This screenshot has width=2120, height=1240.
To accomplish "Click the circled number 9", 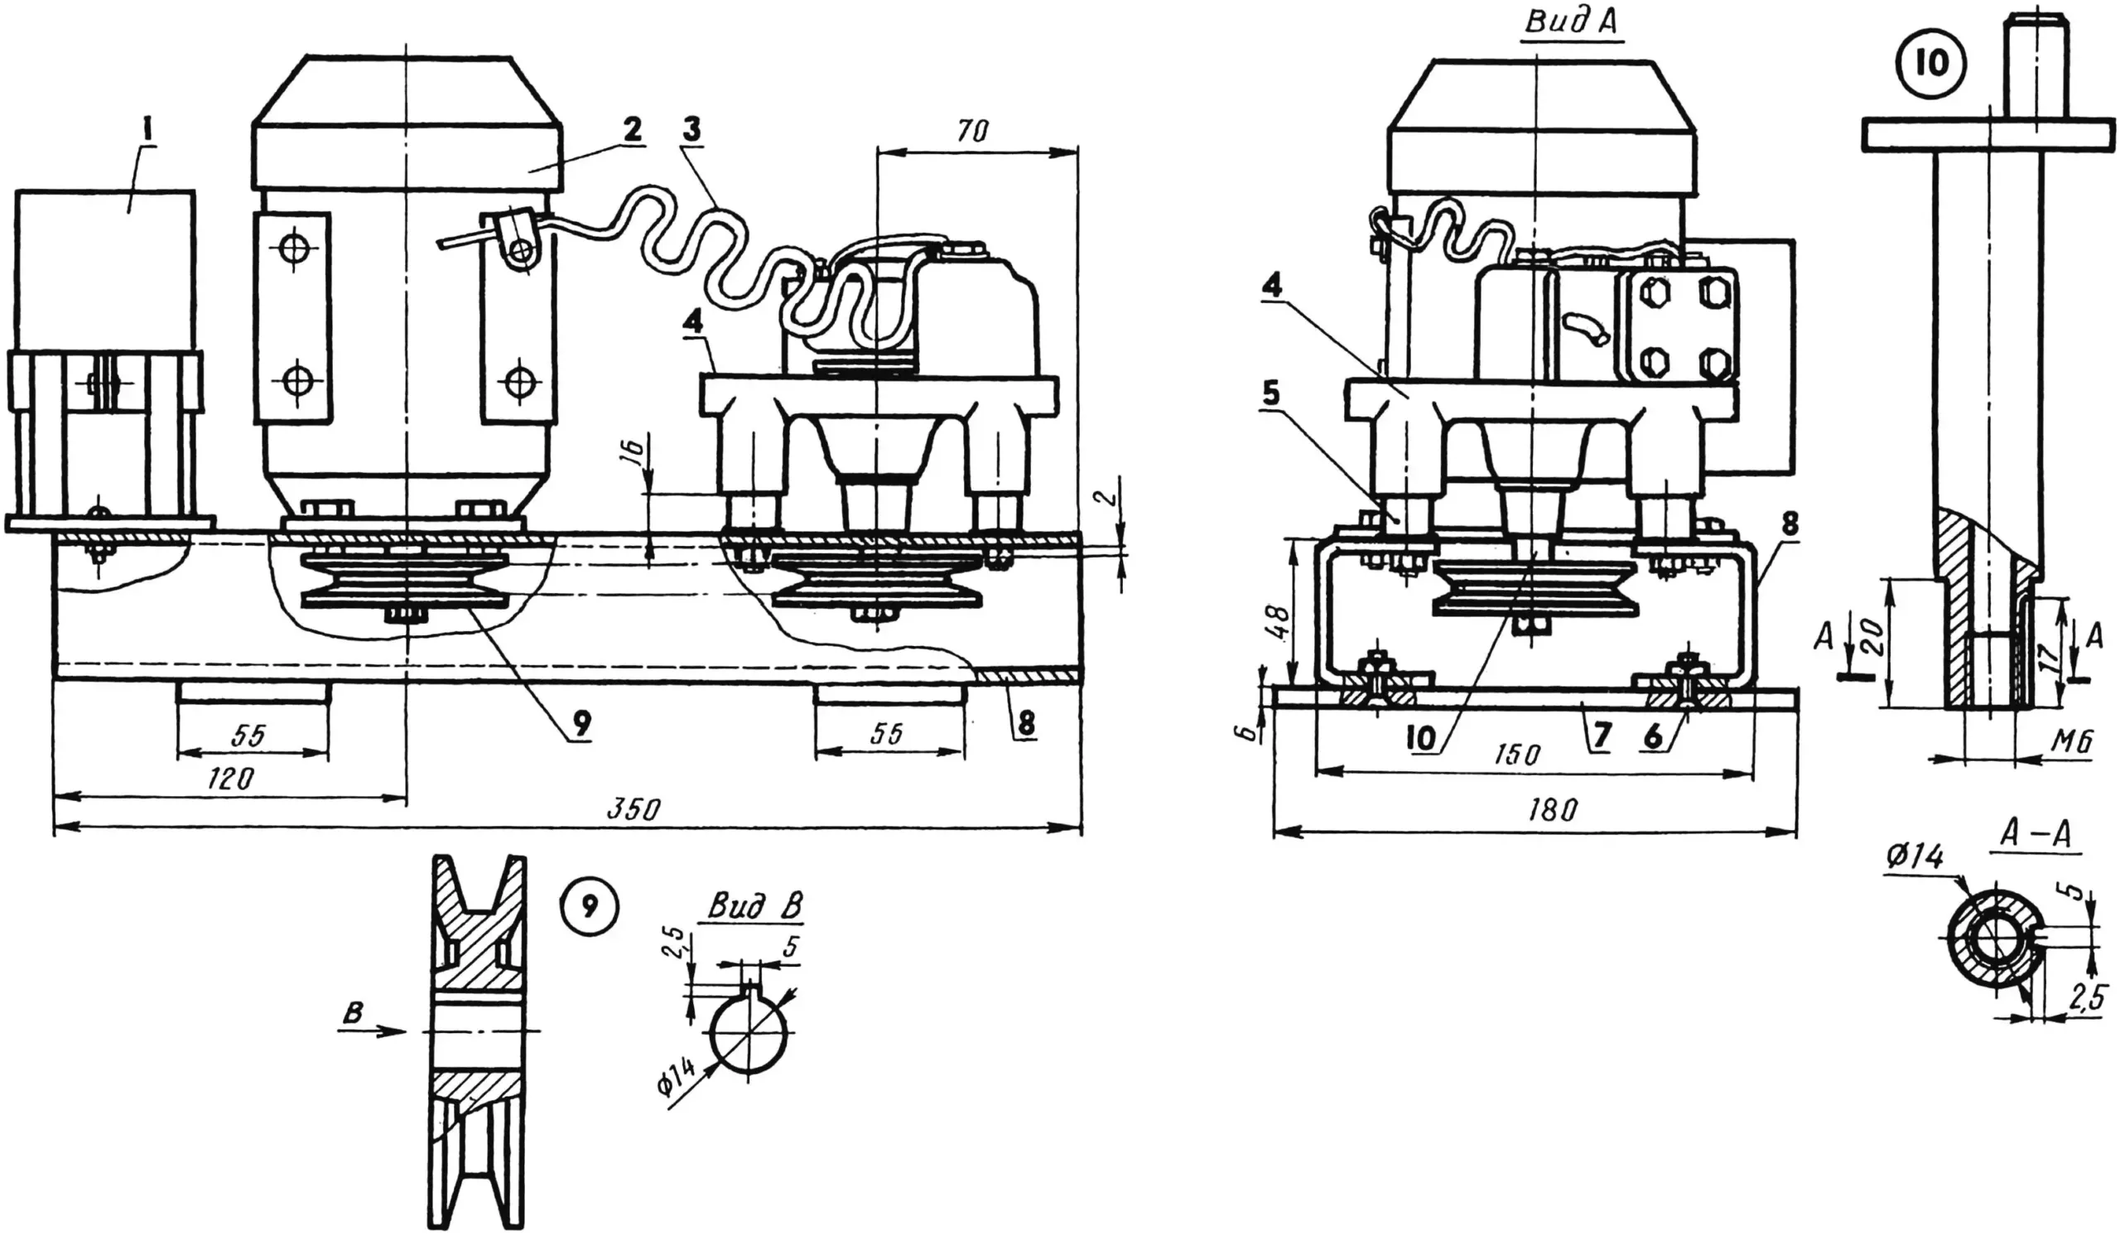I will tap(589, 905).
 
